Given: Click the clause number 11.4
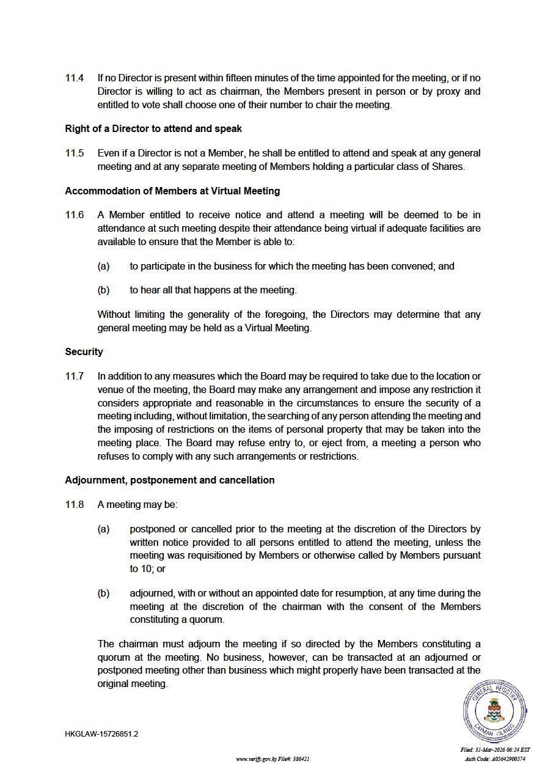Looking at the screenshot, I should [x=75, y=78].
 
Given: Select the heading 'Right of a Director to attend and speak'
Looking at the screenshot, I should [x=153, y=129].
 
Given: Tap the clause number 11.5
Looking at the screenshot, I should [x=75, y=153].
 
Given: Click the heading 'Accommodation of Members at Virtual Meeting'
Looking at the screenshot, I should [x=172, y=191].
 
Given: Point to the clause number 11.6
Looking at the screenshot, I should [x=75, y=215].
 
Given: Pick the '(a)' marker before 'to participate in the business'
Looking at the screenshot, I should [x=103, y=267].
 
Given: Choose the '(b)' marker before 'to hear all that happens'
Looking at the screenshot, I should [x=103, y=290].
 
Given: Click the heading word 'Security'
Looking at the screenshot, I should [x=84, y=352].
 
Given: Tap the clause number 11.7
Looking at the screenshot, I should [x=75, y=376].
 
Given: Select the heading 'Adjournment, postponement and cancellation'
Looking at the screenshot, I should [x=170, y=480].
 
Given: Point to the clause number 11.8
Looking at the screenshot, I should [x=75, y=505].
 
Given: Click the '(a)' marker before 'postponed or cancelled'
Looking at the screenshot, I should [x=103, y=529].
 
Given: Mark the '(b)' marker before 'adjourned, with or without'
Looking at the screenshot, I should [x=103, y=594].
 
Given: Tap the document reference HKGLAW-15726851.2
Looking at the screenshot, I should [x=101, y=734].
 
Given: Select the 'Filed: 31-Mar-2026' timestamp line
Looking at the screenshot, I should [x=495, y=750].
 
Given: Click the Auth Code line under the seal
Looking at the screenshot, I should [x=495, y=759].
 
